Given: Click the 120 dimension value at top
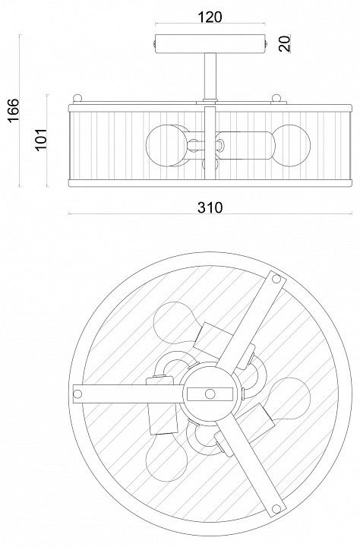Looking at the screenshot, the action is tap(210, 17).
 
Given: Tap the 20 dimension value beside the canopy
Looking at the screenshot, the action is tap(285, 43).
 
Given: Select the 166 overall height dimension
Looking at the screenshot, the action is tap(13, 110).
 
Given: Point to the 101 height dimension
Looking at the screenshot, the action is tap(41, 139).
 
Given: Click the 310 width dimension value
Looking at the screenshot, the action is tap(210, 207).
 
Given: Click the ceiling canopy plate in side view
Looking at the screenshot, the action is tap(210, 44).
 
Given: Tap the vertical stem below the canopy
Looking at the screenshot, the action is tap(210, 76).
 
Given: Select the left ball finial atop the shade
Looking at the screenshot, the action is tap(77, 98).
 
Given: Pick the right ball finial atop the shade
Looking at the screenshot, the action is tap(276, 98).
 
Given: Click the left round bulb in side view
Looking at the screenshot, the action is tap(166, 145).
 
